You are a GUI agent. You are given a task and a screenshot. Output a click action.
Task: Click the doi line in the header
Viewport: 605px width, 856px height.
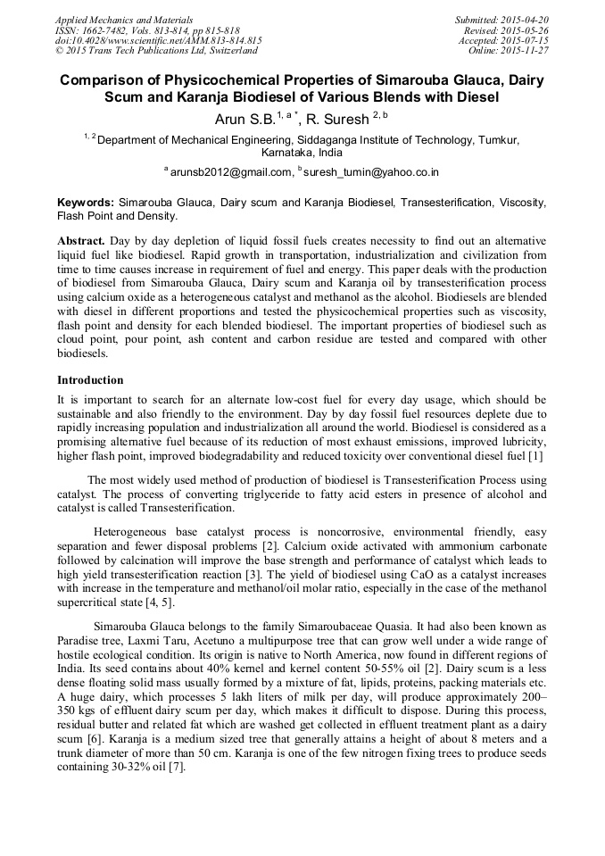coord(158,40)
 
